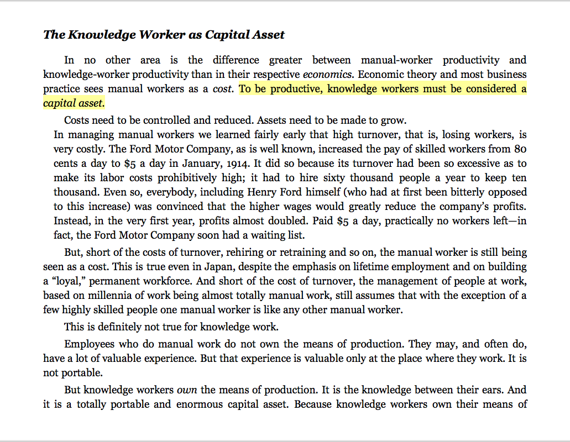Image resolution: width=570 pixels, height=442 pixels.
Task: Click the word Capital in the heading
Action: click(x=224, y=35)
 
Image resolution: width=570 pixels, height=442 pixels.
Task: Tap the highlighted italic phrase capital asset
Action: click(x=74, y=103)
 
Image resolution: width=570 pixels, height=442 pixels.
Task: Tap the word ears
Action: click(x=489, y=390)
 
